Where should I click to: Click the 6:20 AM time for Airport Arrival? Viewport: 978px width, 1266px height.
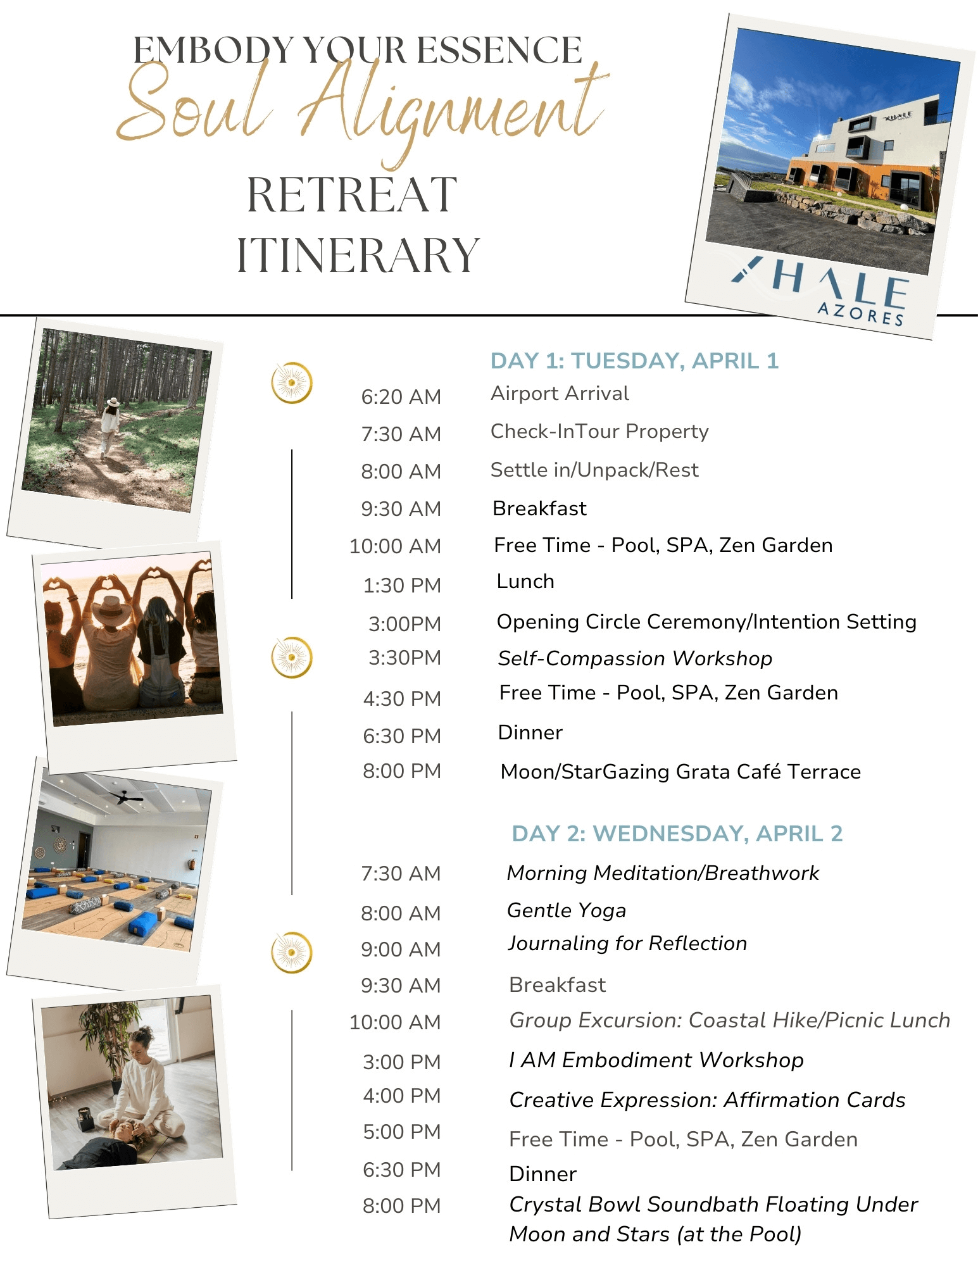(401, 397)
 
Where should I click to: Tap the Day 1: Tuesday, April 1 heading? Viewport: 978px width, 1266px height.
(634, 361)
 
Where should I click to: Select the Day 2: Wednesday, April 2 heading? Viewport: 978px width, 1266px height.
(677, 834)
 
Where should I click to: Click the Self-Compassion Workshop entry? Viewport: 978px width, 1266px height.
(635, 658)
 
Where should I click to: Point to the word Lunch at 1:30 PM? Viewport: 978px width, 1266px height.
(525, 581)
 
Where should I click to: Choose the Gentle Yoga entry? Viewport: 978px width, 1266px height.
(567, 910)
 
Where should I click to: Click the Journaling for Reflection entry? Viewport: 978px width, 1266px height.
(627, 943)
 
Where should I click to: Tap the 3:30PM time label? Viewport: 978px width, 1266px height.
(404, 658)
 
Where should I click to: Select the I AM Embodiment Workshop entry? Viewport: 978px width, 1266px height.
(656, 1060)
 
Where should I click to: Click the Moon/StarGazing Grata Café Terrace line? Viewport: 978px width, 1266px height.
(680, 772)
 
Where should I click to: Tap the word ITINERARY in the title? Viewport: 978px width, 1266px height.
(358, 255)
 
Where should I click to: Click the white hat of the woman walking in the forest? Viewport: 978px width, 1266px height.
(113, 402)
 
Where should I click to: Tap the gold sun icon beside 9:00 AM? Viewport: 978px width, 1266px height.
(292, 952)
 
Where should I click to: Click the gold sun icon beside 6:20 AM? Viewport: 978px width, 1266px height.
(292, 382)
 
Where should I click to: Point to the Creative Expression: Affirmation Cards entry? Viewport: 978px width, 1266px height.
(707, 1100)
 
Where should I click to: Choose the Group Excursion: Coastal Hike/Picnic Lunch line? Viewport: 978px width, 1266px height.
(730, 1020)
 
